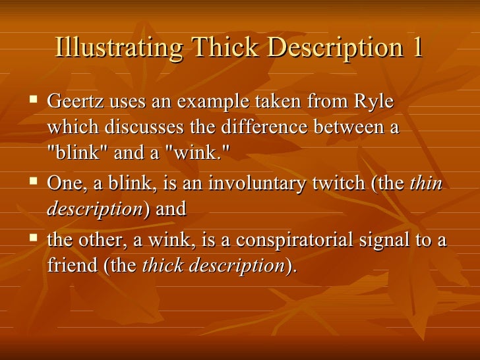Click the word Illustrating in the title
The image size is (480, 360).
click(x=119, y=49)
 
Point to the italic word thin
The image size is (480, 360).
click(x=425, y=184)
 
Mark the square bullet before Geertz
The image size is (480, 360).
click(x=34, y=102)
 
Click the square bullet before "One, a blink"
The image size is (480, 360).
click(x=34, y=182)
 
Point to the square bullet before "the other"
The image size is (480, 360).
click(x=34, y=239)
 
